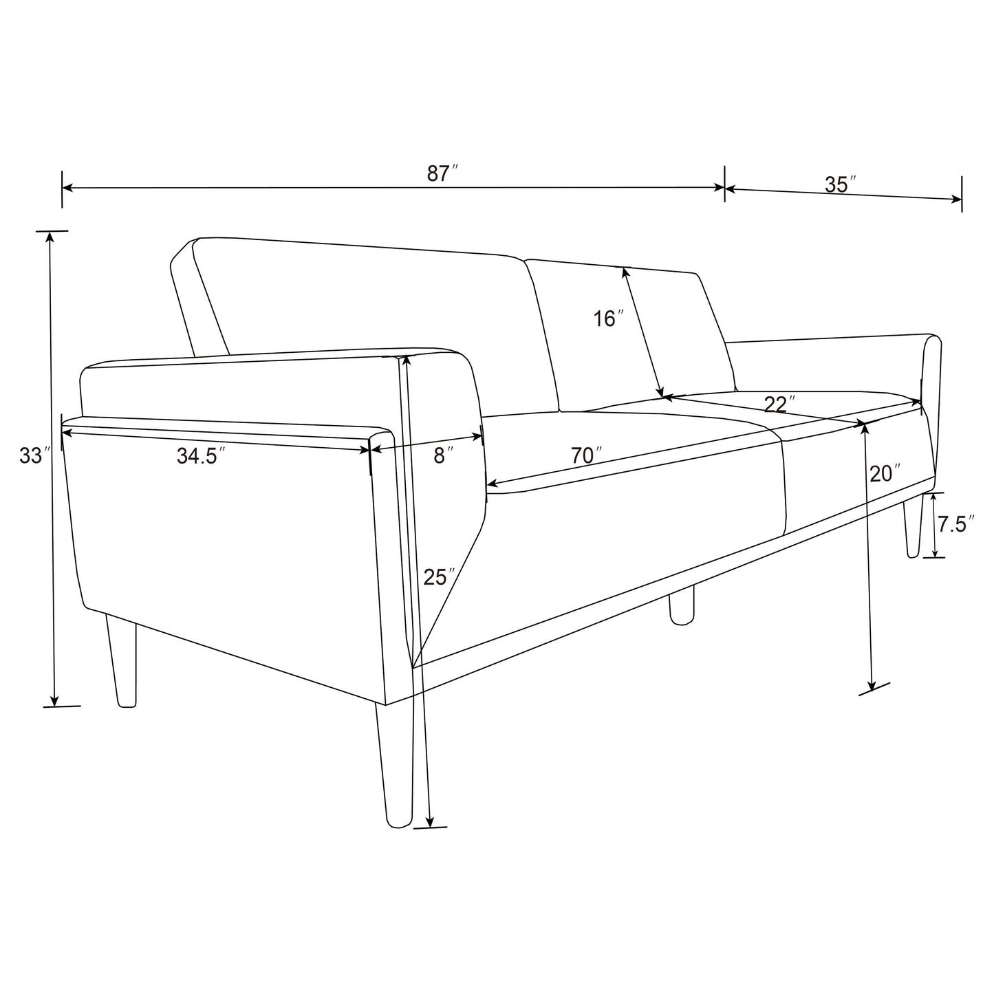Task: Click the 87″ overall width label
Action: click(x=442, y=173)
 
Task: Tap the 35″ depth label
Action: click(x=840, y=184)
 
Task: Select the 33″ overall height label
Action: click(x=32, y=455)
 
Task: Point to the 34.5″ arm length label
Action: click(x=201, y=455)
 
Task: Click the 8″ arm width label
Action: click(x=444, y=455)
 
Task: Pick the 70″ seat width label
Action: click(x=586, y=455)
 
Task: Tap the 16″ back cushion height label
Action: click(x=608, y=318)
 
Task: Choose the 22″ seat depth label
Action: click(x=779, y=404)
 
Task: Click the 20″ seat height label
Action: click(x=885, y=473)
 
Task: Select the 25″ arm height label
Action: click(x=440, y=576)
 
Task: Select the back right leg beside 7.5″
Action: click(x=913, y=526)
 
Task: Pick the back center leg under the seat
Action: click(x=681, y=605)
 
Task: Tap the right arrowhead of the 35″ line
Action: click(x=958, y=199)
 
